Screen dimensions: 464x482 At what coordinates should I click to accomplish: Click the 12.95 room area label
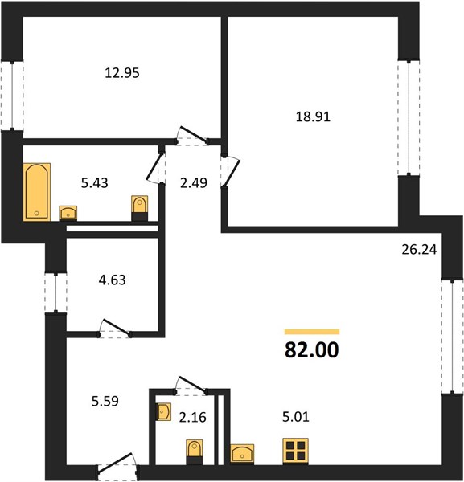click(x=122, y=73)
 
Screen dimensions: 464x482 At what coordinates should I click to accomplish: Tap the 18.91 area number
click(x=313, y=117)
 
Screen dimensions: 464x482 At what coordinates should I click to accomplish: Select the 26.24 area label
click(x=419, y=250)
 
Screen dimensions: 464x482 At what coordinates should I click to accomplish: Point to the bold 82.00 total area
click(x=312, y=349)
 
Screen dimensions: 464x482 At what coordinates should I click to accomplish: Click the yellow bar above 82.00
click(x=312, y=332)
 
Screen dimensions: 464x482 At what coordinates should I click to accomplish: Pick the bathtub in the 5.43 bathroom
click(x=37, y=192)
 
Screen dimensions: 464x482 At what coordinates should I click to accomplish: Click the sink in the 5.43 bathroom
click(x=68, y=213)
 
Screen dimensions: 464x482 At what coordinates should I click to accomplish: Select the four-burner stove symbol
click(x=295, y=451)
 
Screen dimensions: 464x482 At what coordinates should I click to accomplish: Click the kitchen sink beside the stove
click(x=243, y=453)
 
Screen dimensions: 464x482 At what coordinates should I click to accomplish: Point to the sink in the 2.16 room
click(x=164, y=412)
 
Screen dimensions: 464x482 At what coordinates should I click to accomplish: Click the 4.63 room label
click(x=112, y=280)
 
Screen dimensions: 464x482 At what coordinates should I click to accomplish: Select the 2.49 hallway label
click(x=194, y=183)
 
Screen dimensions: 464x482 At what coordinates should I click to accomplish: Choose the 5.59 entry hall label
click(x=105, y=402)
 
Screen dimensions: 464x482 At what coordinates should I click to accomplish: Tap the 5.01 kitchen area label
click(x=296, y=417)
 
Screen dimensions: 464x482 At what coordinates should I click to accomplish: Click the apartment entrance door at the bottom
click(x=118, y=467)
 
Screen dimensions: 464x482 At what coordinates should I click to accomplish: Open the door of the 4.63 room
click(x=115, y=329)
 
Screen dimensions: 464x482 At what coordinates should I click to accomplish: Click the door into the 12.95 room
click(x=193, y=137)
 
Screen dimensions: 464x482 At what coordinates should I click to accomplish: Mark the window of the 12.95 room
click(x=12, y=96)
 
